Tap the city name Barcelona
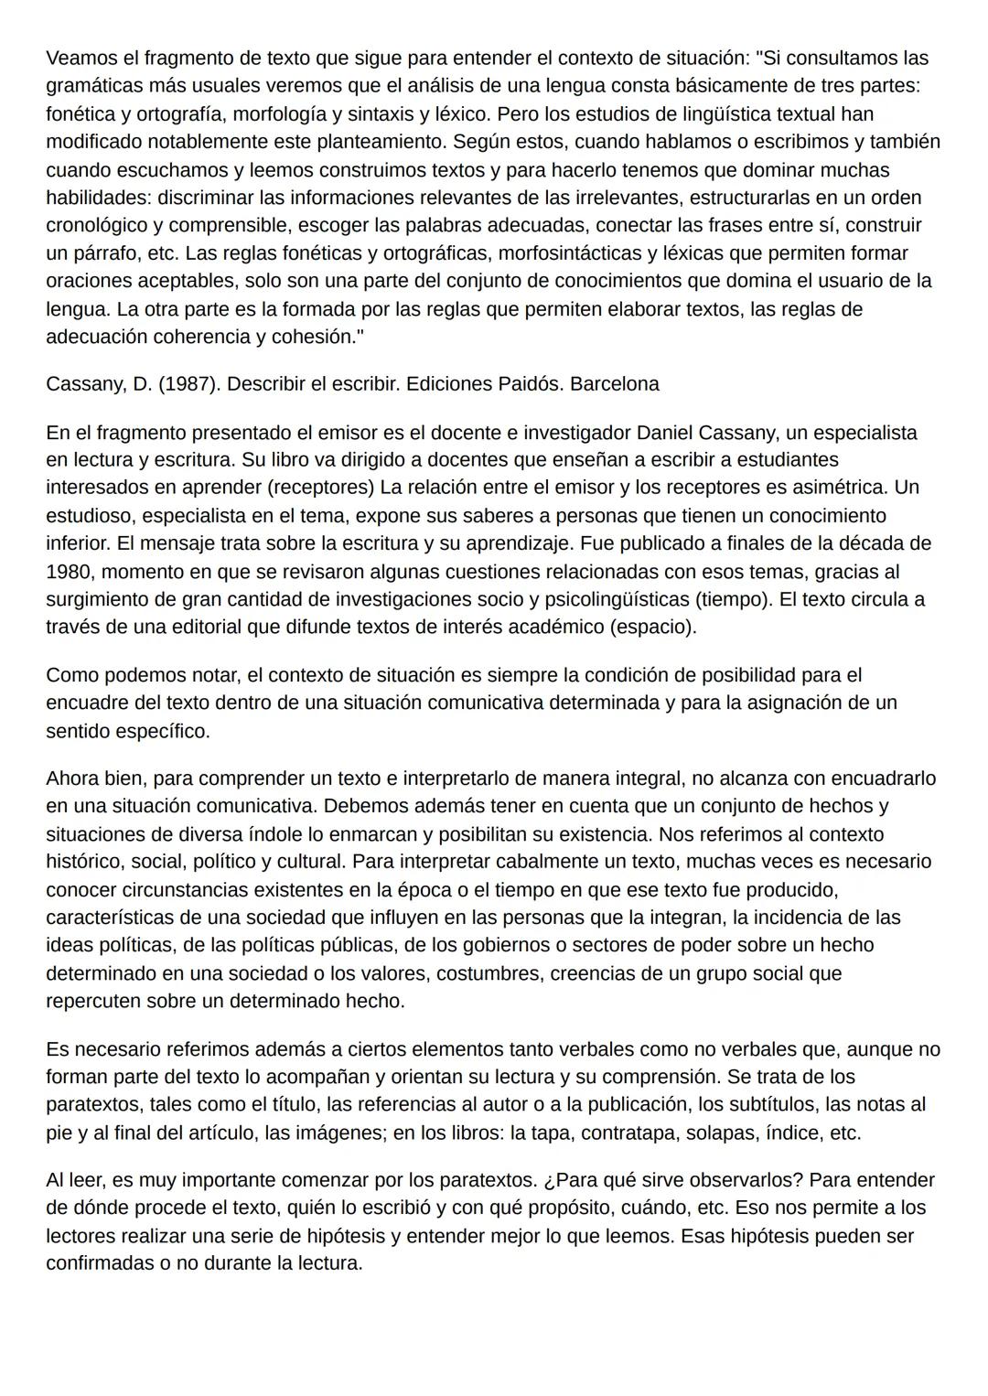pyautogui.click(x=614, y=384)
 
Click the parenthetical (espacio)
pyautogui.click(x=651, y=628)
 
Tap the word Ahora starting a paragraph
pyautogui.click(x=75, y=779)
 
